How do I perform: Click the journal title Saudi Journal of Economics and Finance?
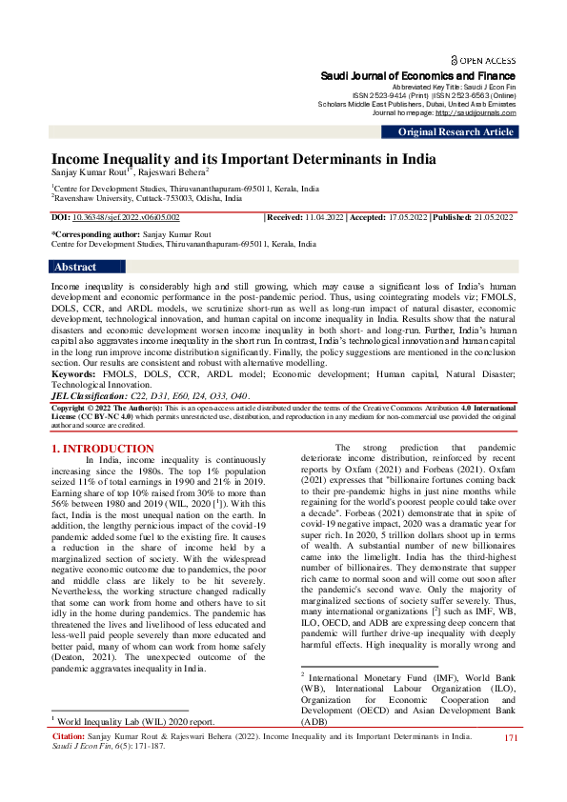coord(415,74)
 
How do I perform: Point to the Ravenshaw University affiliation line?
coord(138,199)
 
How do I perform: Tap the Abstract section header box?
coord(75,267)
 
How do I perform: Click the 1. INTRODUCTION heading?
coord(102,448)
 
